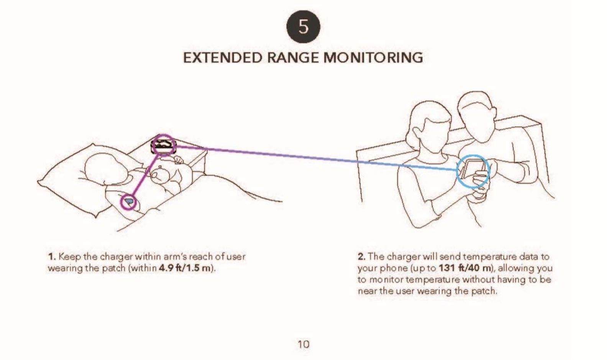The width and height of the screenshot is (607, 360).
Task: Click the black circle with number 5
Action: (x=303, y=27)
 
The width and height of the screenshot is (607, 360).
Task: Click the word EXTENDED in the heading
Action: (x=223, y=58)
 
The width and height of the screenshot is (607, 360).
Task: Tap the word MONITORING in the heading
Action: (x=373, y=58)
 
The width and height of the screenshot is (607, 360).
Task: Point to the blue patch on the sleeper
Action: (x=129, y=201)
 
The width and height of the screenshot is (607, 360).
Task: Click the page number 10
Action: (x=303, y=344)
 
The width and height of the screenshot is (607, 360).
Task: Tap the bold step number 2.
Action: (x=361, y=257)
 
